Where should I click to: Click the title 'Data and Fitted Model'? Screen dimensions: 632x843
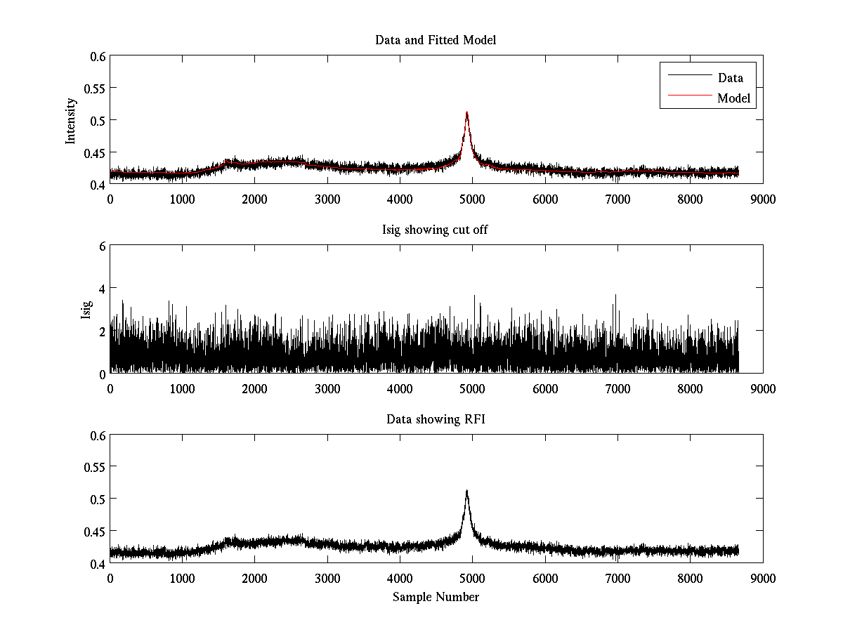436,40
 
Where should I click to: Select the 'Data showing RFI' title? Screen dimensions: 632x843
436,419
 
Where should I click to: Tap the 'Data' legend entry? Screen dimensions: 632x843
730,78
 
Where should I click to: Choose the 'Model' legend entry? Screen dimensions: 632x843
733,98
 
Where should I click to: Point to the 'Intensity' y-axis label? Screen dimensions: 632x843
71,121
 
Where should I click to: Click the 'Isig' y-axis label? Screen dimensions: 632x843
86,310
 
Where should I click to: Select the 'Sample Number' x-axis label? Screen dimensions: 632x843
436,597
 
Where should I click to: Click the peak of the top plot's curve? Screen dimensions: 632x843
466,112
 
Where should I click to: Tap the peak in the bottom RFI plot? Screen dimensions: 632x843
466,491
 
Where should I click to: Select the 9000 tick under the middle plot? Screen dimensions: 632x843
762,388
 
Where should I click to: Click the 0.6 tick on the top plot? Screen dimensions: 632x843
97,56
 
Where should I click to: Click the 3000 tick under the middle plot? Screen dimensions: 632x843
327,388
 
